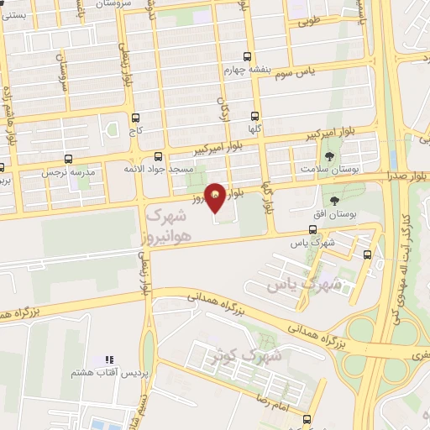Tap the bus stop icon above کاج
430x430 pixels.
[x=135, y=118]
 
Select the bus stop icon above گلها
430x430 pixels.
[x=255, y=118]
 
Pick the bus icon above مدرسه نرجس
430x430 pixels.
[x=68, y=158]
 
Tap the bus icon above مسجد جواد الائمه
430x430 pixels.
[x=159, y=156]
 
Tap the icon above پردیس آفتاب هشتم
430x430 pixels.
[x=107, y=359]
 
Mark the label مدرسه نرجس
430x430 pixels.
[x=66, y=172]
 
